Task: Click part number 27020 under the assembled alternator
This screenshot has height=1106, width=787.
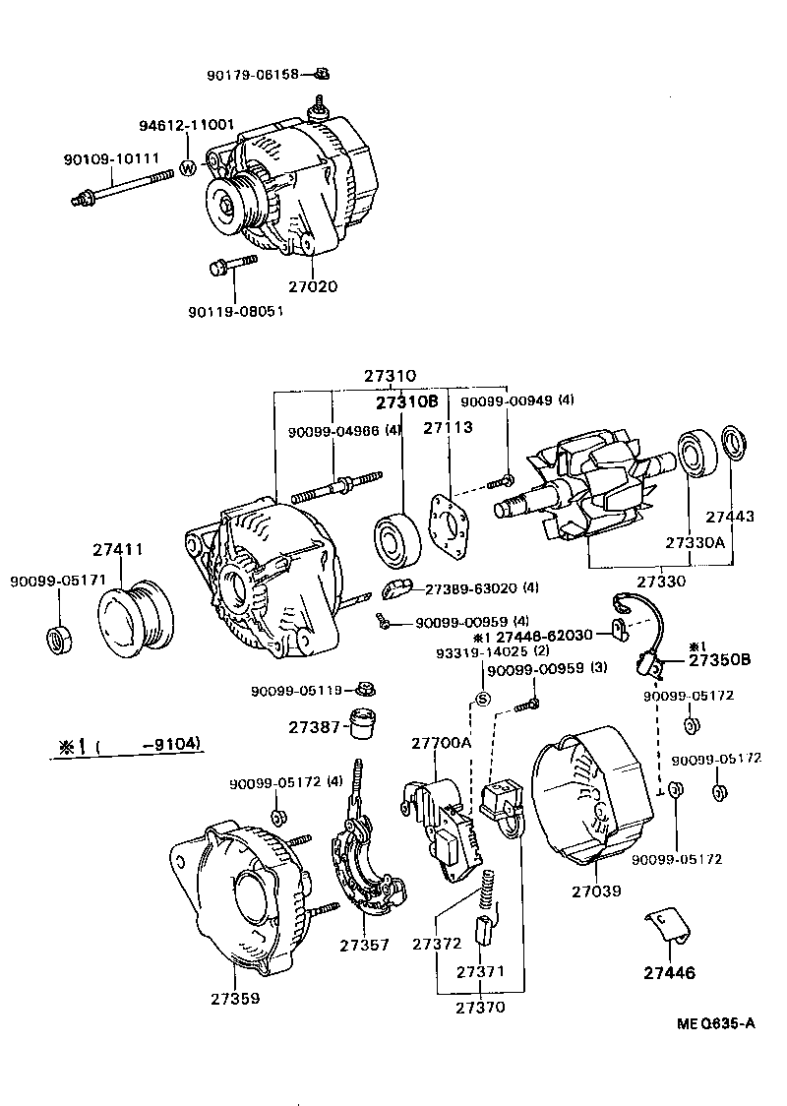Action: coord(313,287)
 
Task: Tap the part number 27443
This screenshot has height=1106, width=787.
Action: coord(730,516)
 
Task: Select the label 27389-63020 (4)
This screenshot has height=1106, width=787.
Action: coord(482,588)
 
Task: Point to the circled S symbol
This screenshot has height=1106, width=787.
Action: coord(482,700)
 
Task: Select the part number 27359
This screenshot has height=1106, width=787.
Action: coord(235,998)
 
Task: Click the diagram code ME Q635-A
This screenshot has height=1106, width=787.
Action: coord(716,1023)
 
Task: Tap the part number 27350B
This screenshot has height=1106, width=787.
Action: coord(719,659)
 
